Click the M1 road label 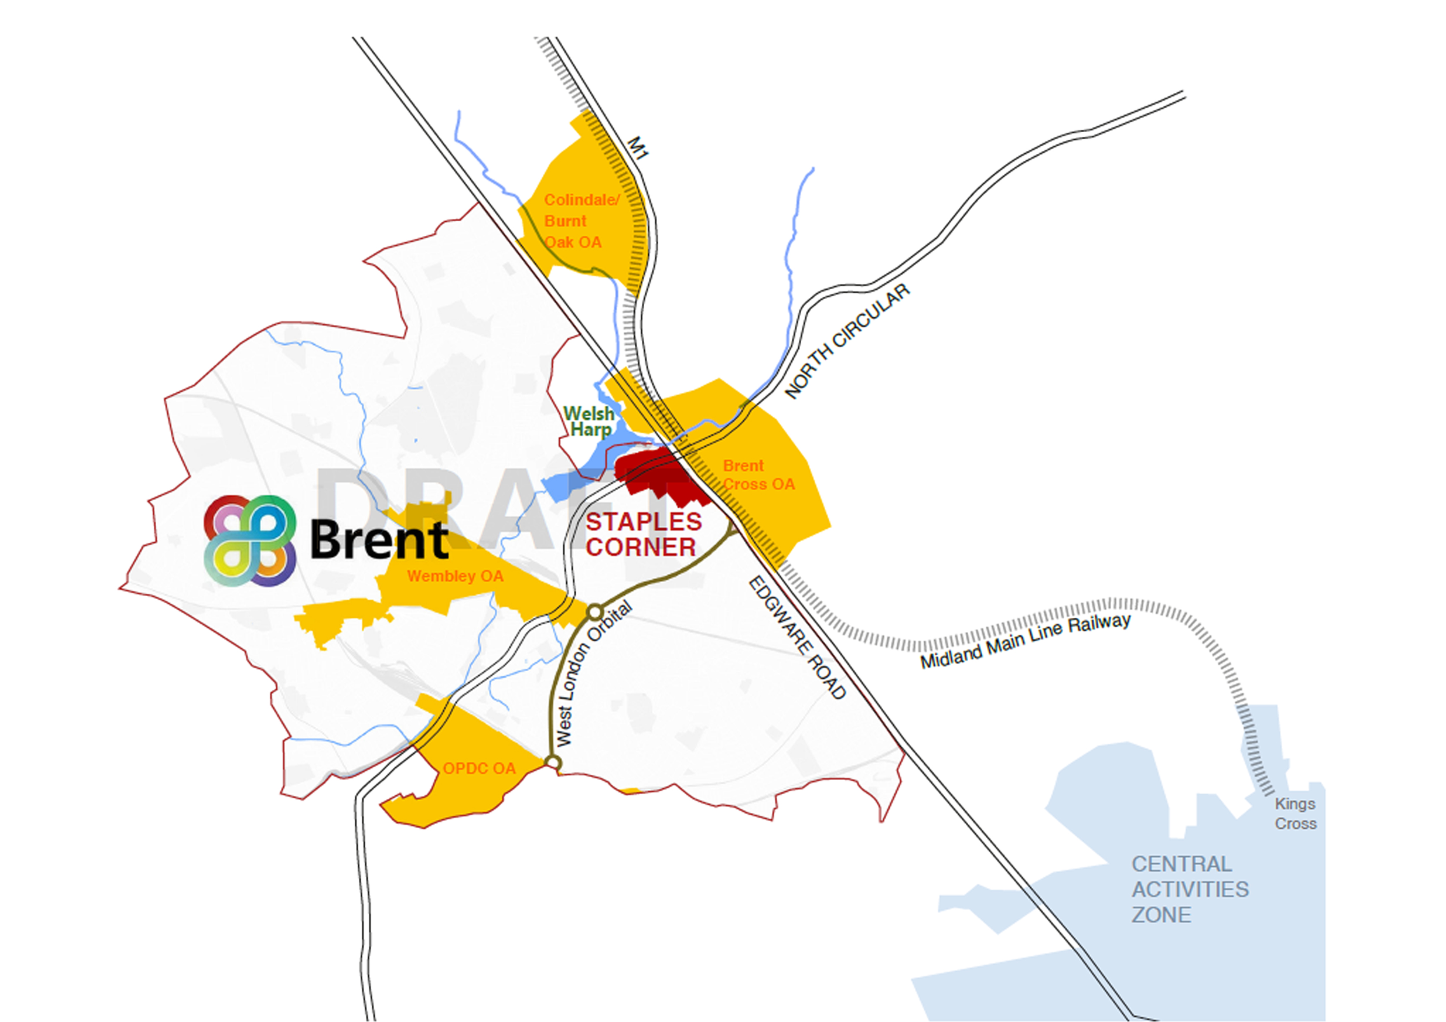(637, 149)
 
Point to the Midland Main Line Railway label (1025, 640)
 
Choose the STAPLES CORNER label (642, 534)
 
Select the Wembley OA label (455, 576)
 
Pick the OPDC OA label (479, 768)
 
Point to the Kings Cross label (1295, 813)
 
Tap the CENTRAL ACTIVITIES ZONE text (1189, 889)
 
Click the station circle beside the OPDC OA (552, 762)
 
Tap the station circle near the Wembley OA (594, 612)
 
